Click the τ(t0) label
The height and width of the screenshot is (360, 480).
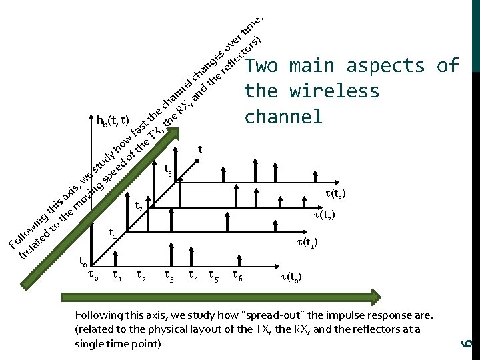click(291, 275)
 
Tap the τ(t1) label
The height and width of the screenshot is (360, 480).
click(307, 243)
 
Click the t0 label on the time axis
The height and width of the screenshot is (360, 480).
click(81, 261)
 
